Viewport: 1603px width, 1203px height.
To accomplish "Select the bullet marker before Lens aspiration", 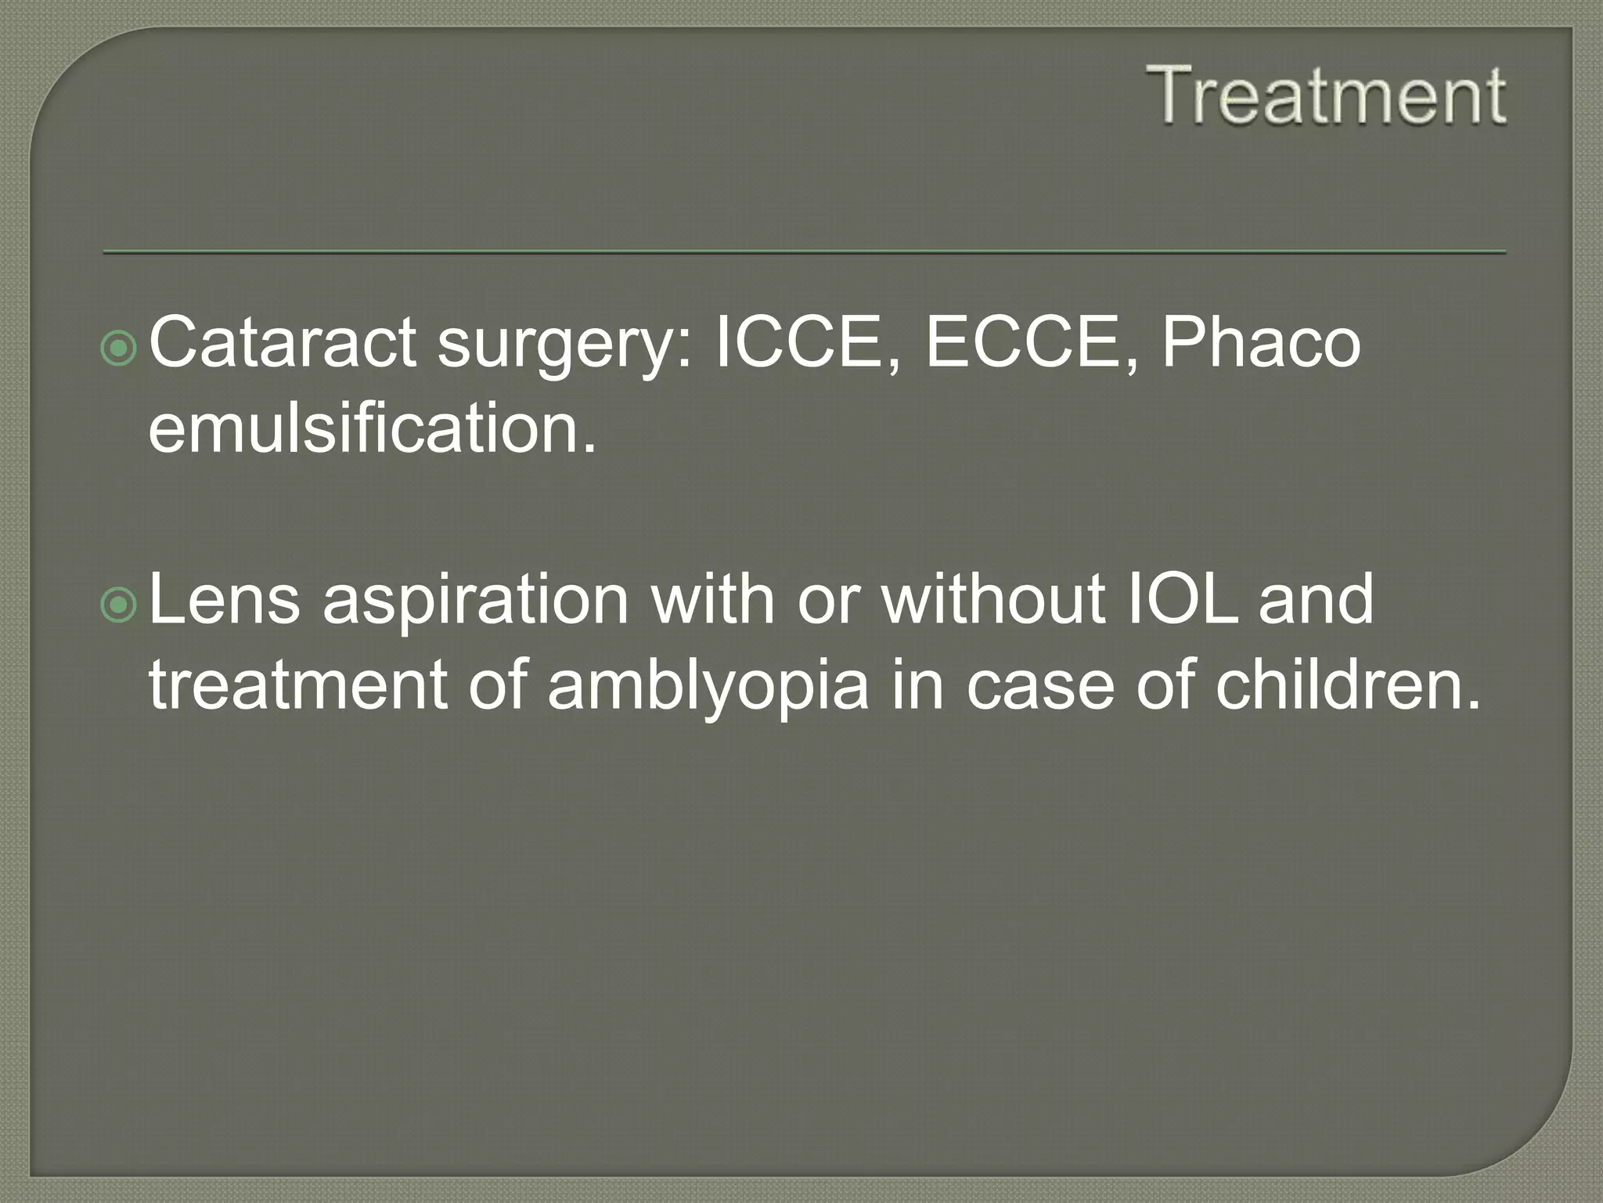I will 119,604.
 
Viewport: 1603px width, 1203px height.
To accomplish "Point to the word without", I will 993,599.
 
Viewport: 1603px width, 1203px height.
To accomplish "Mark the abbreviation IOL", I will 1182,599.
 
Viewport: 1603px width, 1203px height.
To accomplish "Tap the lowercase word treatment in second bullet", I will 298,686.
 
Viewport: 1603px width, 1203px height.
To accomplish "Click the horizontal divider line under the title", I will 804,252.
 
